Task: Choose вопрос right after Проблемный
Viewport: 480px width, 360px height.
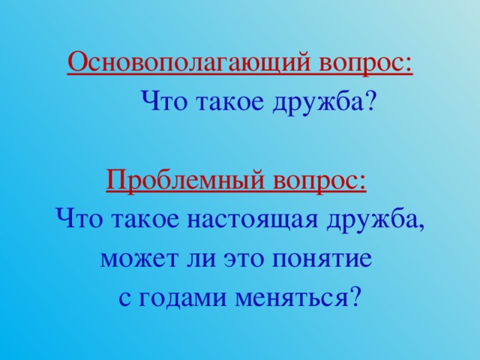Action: click(320, 181)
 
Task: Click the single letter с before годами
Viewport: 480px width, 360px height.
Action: click(124, 298)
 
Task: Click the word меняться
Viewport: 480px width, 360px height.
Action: click(290, 298)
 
